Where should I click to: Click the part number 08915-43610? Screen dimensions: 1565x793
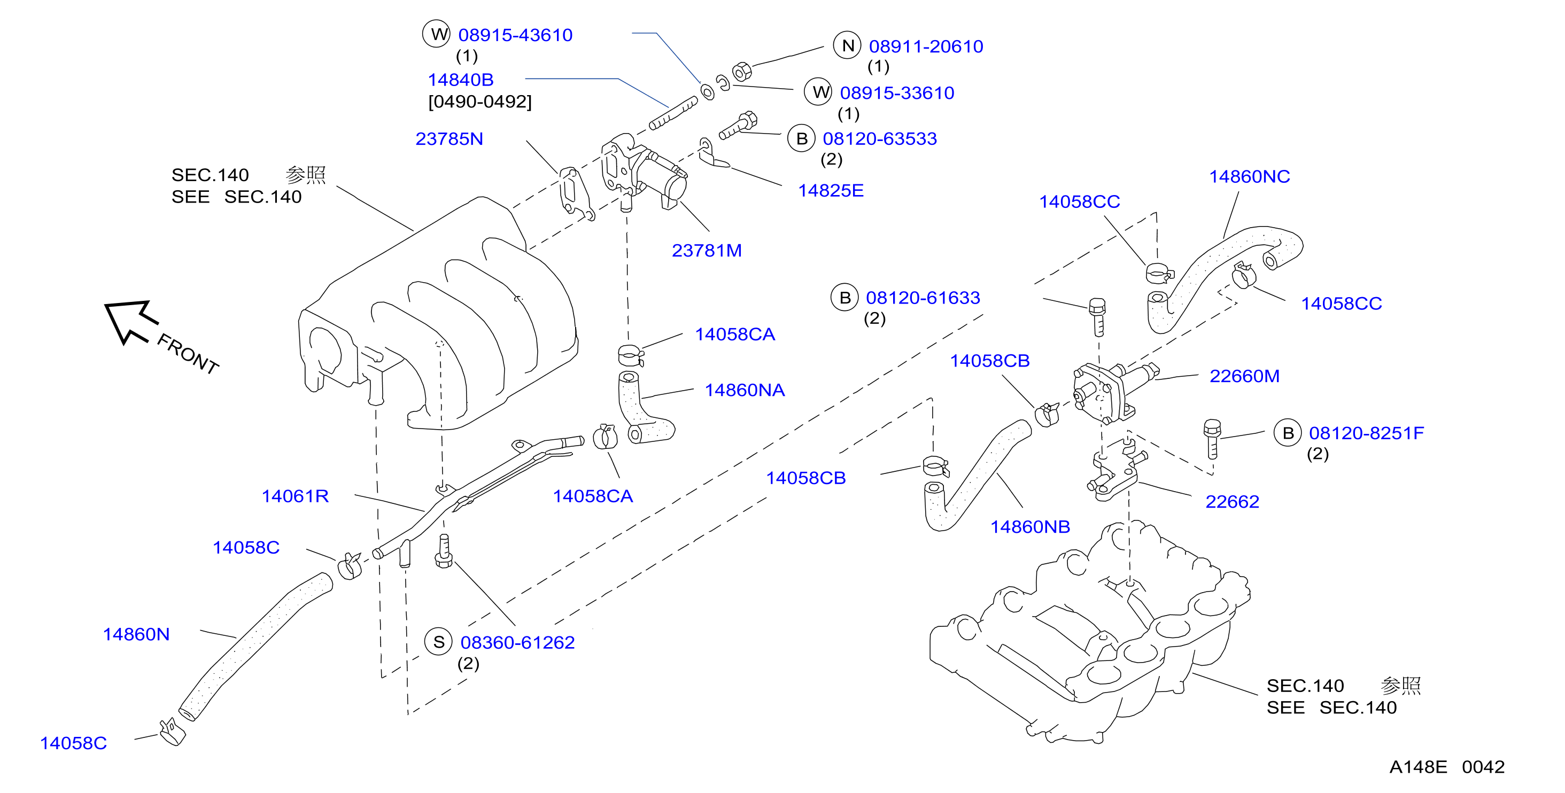(x=515, y=35)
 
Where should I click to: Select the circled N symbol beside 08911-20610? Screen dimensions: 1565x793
(x=848, y=45)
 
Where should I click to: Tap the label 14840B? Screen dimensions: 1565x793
(x=461, y=80)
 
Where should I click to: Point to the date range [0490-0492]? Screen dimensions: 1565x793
(x=480, y=102)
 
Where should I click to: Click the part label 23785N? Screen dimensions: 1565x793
(x=449, y=139)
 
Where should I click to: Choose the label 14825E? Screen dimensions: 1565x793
(x=831, y=191)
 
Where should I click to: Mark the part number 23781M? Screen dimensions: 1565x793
(x=707, y=250)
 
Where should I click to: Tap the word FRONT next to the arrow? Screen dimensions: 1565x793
(x=188, y=354)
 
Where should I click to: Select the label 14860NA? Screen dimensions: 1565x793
(x=744, y=390)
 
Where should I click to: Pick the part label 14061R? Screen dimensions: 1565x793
(x=295, y=496)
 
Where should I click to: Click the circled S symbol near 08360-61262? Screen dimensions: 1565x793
(x=439, y=642)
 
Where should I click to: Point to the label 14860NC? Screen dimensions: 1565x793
(x=1249, y=177)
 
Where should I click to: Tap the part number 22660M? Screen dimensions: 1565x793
(x=1244, y=377)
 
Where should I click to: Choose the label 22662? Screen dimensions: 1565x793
(x=1232, y=502)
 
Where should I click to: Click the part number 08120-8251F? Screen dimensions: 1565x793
(x=1366, y=433)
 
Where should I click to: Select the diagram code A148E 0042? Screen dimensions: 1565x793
(x=1446, y=767)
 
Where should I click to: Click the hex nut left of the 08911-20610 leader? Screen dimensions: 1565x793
(x=742, y=72)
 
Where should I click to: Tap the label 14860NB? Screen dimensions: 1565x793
(x=1030, y=527)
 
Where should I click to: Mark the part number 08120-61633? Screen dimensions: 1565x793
(x=923, y=298)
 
